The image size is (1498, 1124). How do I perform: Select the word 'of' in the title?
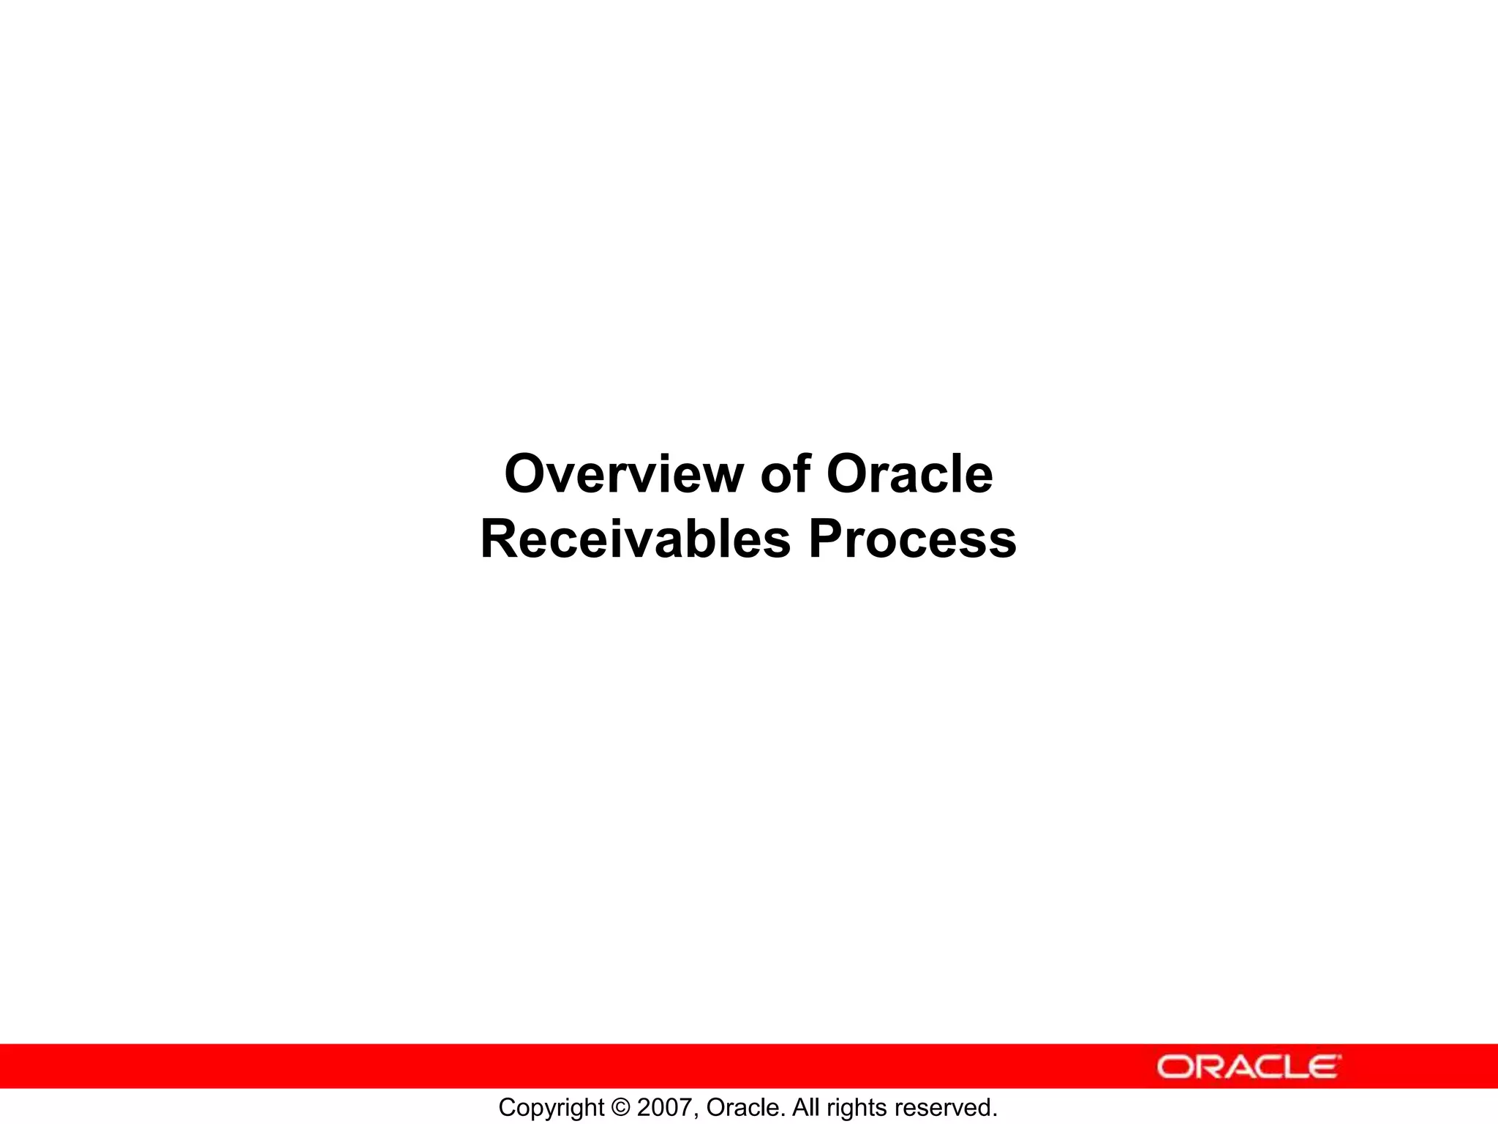click(786, 474)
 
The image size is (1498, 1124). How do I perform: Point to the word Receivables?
click(636, 539)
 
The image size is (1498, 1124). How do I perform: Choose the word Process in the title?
click(912, 539)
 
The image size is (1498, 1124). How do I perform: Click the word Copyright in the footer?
click(552, 1108)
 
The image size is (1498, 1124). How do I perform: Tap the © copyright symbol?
click(621, 1107)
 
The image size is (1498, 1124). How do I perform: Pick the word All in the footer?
click(806, 1107)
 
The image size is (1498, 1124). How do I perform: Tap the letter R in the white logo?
click(1209, 1066)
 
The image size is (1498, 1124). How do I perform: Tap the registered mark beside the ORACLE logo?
click(1340, 1057)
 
